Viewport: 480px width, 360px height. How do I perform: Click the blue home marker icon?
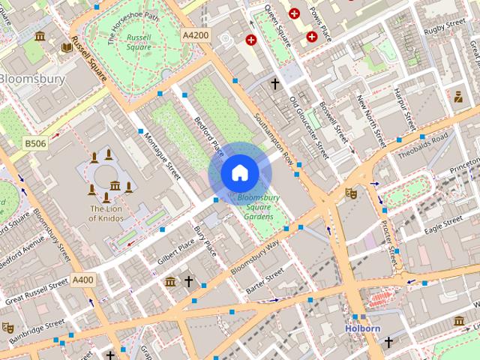point(239,172)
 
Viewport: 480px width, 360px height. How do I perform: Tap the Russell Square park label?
point(139,42)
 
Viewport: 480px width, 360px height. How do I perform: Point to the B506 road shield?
point(34,142)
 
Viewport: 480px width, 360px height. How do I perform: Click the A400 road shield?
point(83,280)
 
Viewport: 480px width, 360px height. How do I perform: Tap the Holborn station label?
point(363,328)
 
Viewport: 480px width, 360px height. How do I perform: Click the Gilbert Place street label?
point(175,251)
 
